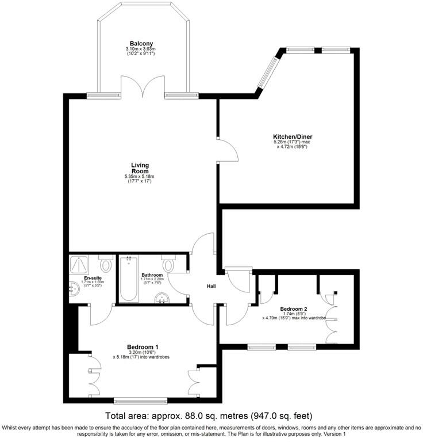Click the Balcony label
click(141, 44)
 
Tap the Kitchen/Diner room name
click(293, 136)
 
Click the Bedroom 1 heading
click(143, 346)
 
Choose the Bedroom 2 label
click(294, 308)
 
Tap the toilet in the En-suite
click(105, 264)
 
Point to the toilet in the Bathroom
click(168, 264)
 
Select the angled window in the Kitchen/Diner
click(267, 73)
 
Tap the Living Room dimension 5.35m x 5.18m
click(140, 176)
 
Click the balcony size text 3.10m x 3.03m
click(141, 49)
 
